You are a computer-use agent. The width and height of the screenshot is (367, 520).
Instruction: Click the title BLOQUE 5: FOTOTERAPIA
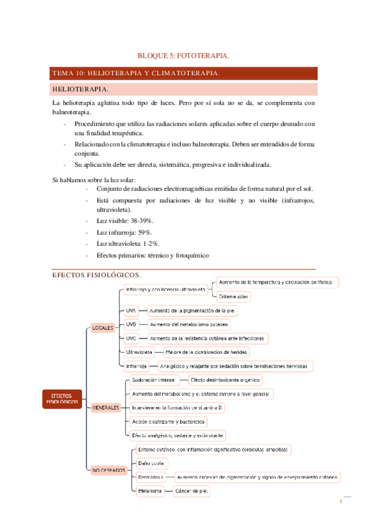pyautogui.click(x=184, y=55)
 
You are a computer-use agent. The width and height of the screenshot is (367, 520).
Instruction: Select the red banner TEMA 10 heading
pyautogui.click(x=136, y=73)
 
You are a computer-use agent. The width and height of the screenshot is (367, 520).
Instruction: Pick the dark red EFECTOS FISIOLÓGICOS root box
pyautogui.click(x=62, y=399)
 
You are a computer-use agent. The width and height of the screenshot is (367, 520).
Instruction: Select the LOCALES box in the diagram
pyautogui.click(x=102, y=327)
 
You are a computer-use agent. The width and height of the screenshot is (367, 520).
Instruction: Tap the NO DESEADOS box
pyautogui.click(x=108, y=470)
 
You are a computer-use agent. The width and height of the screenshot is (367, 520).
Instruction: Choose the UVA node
pyautogui.click(x=131, y=310)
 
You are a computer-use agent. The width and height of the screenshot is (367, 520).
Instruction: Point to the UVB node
pyautogui.click(x=131, y=324)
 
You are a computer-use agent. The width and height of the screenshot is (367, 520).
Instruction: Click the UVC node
pyautogui.click(x=131, y=338)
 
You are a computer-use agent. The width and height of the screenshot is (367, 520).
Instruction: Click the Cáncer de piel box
pyautogui.click(x=191, y=491)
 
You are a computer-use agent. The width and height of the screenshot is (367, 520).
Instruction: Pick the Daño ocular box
pyautogui.click(x=149, y=463)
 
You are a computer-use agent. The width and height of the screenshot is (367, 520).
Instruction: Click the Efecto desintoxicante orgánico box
pyautogui.click(x=225, y=380)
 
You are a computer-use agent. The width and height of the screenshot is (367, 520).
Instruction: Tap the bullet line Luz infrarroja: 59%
pyautogui.click(x=124, y=232)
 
